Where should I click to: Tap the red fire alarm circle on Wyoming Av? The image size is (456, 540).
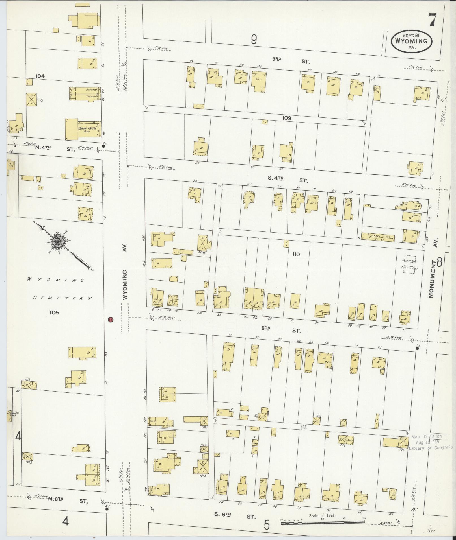pos(111,320)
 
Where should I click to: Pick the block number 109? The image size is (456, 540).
pos(286,118)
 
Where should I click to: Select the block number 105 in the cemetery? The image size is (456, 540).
pos(54,312)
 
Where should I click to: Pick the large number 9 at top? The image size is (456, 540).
pos(254,40)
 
